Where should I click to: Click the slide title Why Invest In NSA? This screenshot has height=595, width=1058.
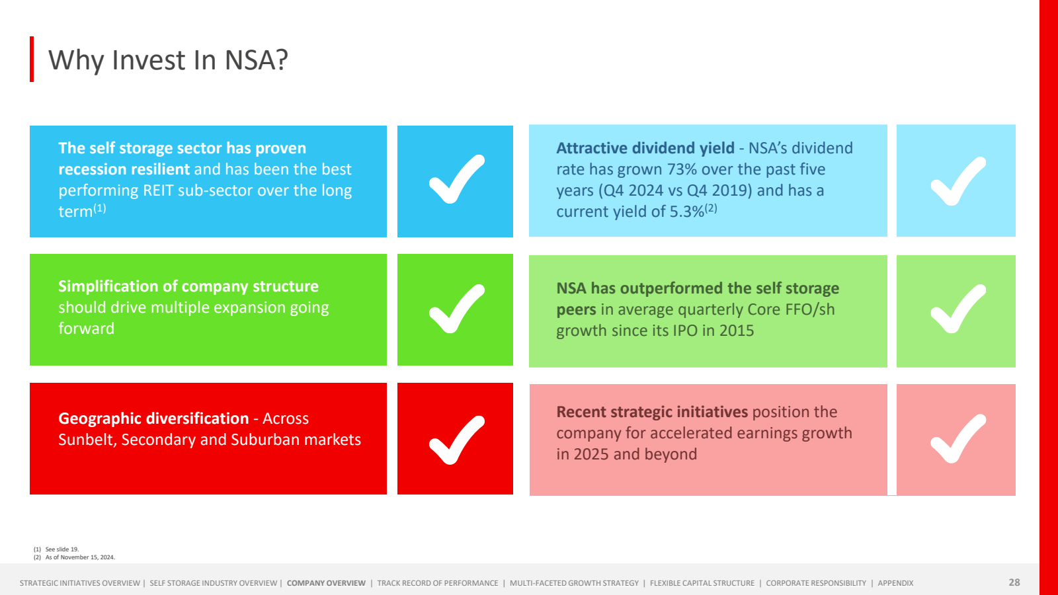coord(168,60)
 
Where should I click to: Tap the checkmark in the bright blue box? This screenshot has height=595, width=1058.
coord(456,180)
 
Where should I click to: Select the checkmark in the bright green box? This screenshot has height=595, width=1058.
coord(456,309)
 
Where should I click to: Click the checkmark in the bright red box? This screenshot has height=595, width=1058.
coord(456,440)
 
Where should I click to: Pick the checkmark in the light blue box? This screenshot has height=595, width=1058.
coord(957,181)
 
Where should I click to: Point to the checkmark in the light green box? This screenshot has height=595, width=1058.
coord(957,309)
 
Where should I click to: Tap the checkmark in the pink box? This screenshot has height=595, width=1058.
coord(957,439)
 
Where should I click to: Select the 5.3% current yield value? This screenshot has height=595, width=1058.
coord(687,212)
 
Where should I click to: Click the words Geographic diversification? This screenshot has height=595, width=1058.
coord(153,418)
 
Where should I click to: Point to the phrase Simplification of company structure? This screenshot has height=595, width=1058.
coord(188,286)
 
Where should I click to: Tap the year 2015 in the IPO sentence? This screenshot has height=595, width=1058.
coord(737,331)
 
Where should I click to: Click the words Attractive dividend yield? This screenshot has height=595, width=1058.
coord(645,148)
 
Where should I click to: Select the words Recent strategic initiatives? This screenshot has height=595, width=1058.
coord(652,412)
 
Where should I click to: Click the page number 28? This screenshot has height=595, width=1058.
coord(1014,582)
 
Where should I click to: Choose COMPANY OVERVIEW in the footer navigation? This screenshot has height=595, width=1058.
coord(326,583)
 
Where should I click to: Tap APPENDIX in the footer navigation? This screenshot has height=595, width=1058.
coord(895,583)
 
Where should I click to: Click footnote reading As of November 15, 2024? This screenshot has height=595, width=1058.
coord(80,557)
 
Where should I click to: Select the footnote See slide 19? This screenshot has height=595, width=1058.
coord(62,549)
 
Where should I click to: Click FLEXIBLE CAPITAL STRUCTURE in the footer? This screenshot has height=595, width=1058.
coord(702,583)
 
